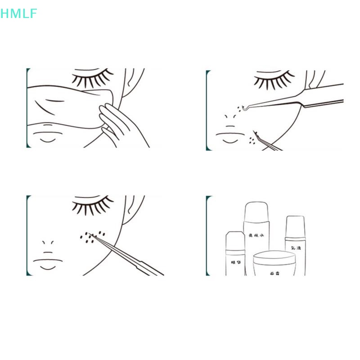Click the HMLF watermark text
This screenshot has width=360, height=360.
point(19,14)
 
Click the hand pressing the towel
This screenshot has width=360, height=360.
point(112,119)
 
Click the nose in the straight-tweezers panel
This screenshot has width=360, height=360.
point(48,246)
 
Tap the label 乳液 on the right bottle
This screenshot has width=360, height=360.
point(296,248)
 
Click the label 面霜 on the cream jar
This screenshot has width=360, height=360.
point(275,273)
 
